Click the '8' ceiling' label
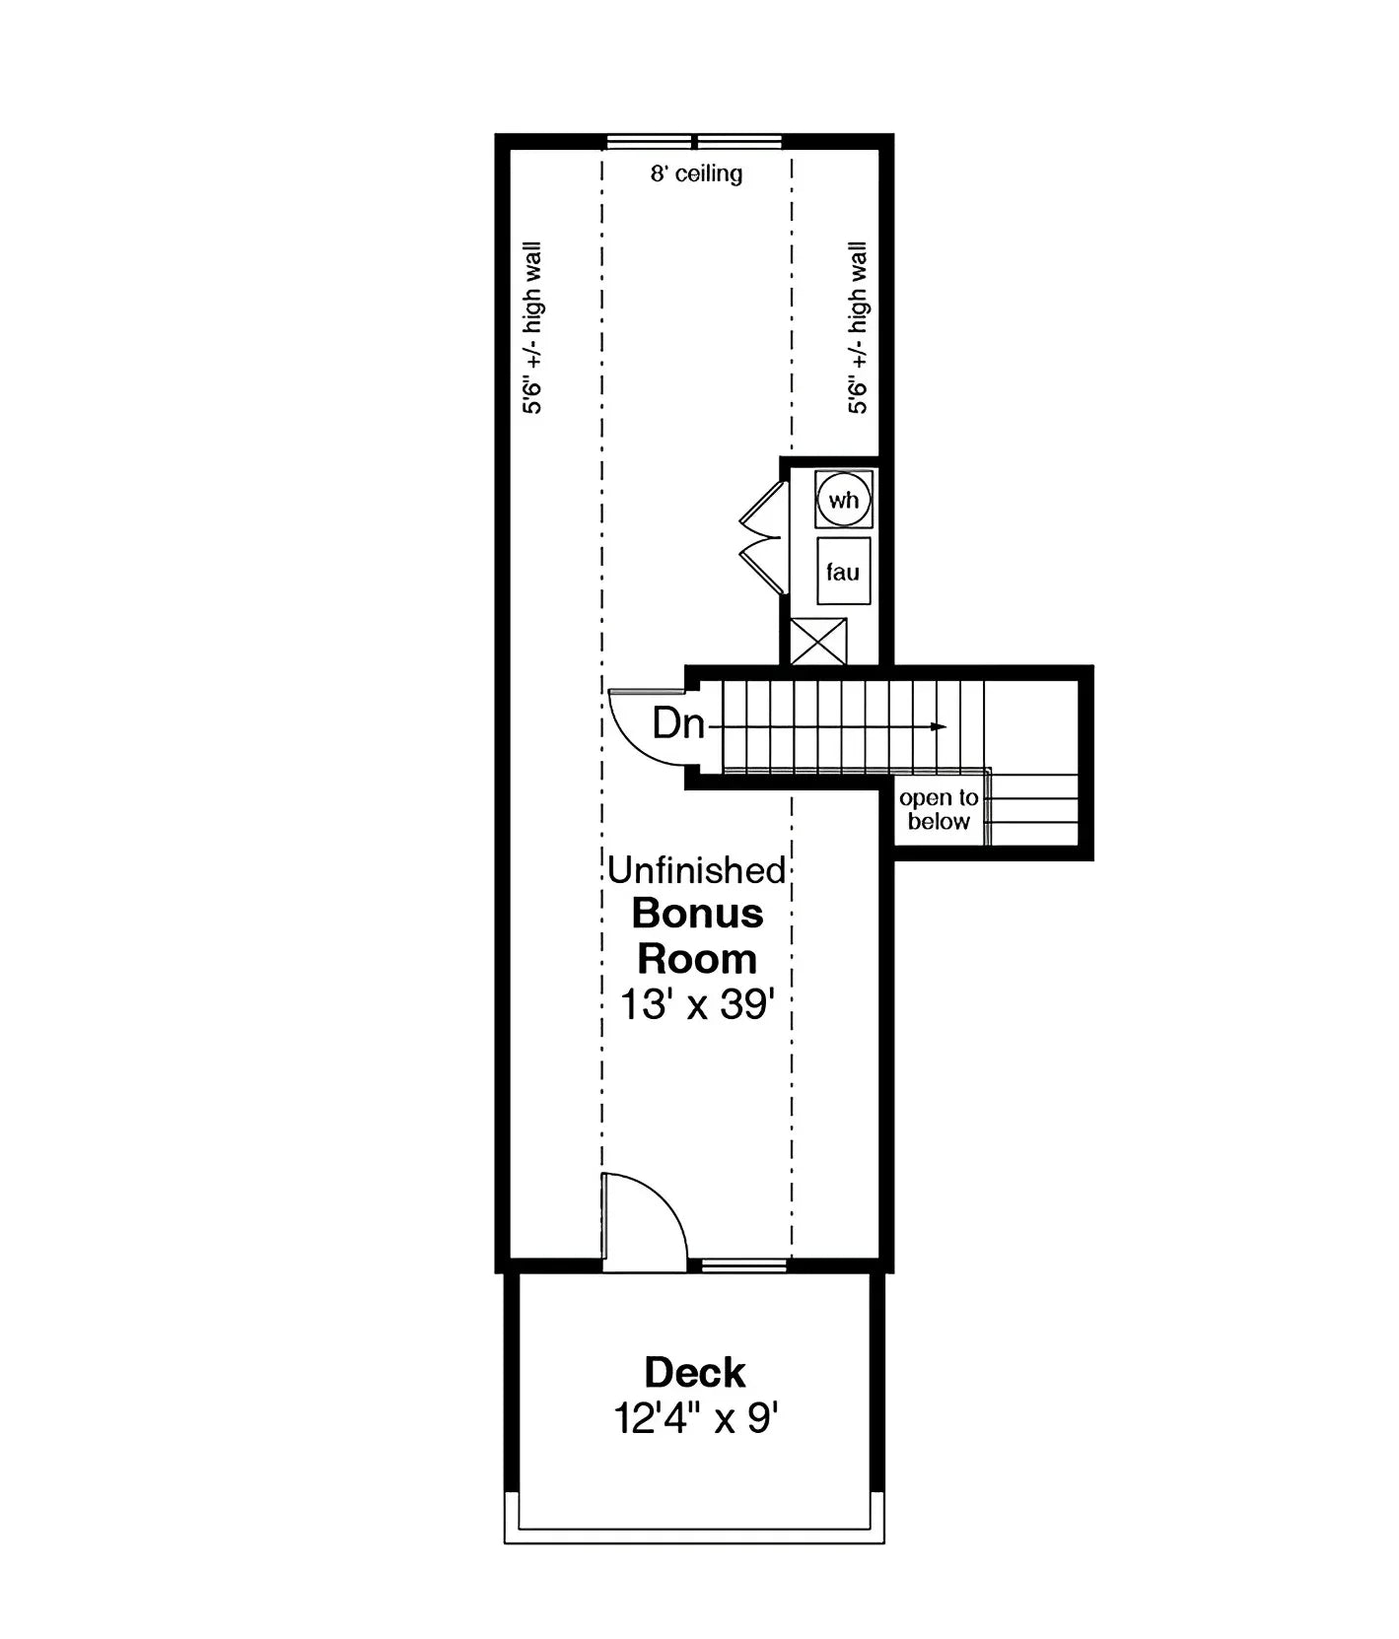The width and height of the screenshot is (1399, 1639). coord(696,174)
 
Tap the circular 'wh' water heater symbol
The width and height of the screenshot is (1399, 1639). coord(844,500)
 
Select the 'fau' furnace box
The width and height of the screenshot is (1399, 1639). coord(843,572)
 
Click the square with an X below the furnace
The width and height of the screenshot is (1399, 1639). coord(818,642)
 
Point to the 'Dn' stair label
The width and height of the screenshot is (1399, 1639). coord(678,724)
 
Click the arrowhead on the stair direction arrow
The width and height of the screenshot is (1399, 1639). coord(940,727)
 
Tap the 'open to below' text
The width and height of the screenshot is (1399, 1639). coord(939,809)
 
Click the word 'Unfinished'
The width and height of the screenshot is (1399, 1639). coord(696,870)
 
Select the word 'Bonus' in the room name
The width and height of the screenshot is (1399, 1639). coord(697,914)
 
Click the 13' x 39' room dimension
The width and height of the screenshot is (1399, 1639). coord(696,1005)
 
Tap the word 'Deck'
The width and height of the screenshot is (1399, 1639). coord(695,1372)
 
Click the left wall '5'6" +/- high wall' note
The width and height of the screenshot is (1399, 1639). coord(532,327)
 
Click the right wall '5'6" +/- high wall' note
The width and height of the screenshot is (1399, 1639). coord(859,327)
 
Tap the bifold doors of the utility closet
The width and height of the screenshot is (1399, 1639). coord(763,537)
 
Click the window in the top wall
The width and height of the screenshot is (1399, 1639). coord(695,141)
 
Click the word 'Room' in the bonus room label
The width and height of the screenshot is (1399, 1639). coord(697,959)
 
